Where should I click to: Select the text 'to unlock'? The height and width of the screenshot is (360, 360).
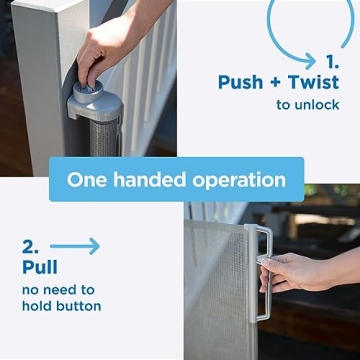point(308,105)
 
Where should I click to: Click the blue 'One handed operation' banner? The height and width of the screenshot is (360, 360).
point(176,179)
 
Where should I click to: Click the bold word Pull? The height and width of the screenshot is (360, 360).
point(39,267)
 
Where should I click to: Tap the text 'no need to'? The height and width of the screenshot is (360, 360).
point(61,289)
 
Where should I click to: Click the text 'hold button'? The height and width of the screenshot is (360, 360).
point(62,306)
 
